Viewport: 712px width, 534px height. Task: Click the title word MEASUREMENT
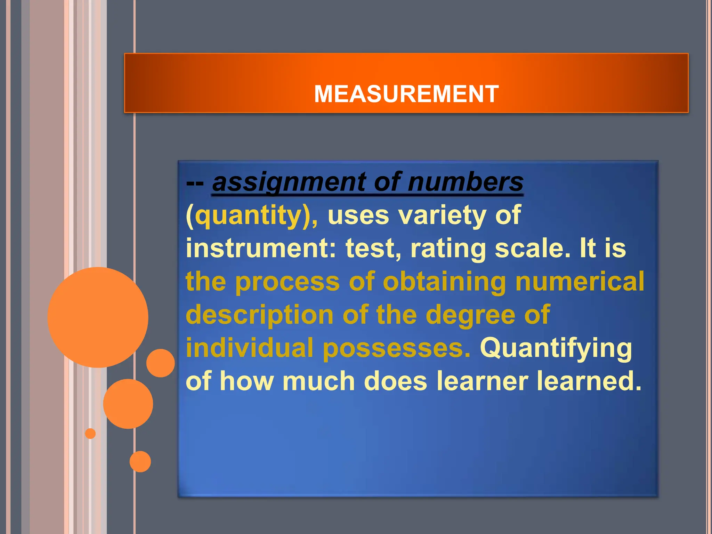(x=406, y=94)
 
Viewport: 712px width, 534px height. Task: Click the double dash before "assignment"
(x=195, y=183)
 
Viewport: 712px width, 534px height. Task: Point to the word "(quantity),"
(x=252, y=216)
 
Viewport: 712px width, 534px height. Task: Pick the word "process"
(x=287, y=282)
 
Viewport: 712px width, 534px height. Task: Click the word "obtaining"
(x=444, y=282)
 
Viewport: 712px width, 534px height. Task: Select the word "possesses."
(x=397, y=348)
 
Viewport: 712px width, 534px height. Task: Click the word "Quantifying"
(x=556, y=348)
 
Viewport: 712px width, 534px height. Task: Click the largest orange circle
(x=98, y=317)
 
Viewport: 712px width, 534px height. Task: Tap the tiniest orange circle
(x=90, y=434)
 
